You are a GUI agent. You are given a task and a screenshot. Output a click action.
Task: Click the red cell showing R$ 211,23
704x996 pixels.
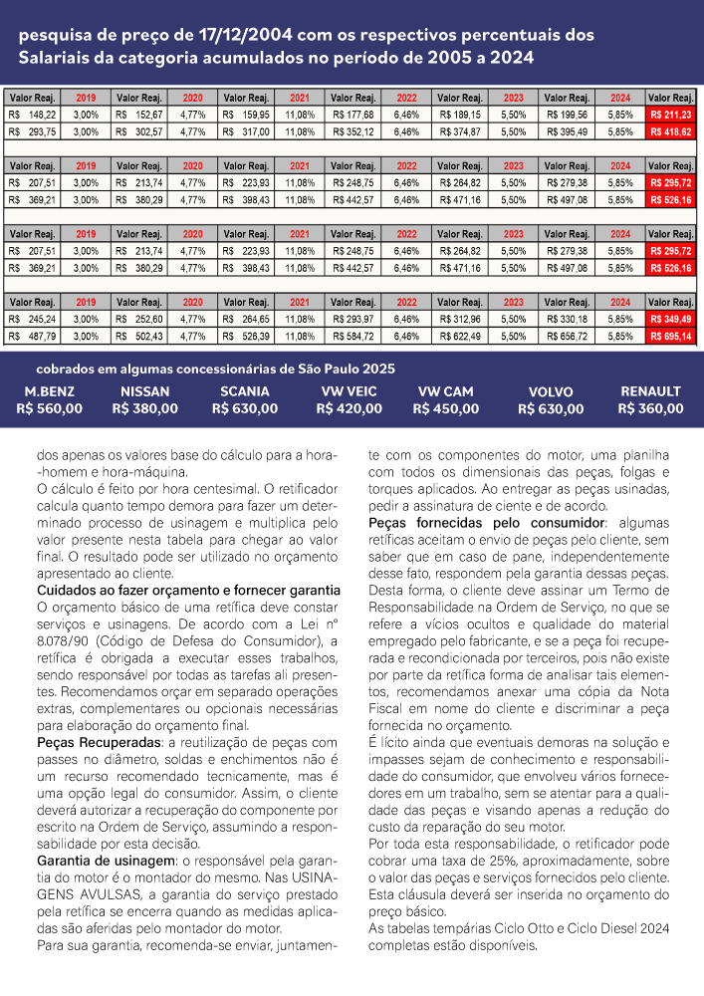tap(671, 116)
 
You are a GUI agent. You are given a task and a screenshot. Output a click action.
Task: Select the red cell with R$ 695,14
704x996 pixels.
tap(671, 337)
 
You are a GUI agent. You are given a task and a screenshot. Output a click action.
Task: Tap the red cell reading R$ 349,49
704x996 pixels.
tap(671, 319)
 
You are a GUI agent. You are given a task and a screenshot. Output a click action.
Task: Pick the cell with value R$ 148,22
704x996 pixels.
tap(33, 116)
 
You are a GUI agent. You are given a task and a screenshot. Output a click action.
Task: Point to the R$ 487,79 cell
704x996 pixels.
tap(33, 337)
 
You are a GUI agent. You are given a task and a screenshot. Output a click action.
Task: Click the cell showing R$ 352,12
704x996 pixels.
tap(354, 131)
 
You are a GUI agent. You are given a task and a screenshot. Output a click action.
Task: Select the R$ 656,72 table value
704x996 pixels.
tap(567, 337)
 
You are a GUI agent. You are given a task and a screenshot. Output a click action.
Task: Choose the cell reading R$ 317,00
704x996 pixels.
tap(248, 131)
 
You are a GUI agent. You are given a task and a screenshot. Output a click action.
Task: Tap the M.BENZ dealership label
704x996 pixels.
tap(50, 391)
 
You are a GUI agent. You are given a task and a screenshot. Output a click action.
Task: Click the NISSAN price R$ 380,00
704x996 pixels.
tap(145, 407)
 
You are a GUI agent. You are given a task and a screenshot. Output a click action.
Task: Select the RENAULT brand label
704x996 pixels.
tap(650, 391)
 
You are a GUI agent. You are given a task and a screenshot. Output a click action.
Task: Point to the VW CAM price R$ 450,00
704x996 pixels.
tap(446, 408)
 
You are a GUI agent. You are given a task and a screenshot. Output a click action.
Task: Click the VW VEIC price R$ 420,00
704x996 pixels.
tap(349, 408)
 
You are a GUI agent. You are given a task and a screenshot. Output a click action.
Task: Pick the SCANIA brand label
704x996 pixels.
tap(245, 391)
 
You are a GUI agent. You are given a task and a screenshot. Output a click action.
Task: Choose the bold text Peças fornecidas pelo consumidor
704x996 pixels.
tap(487, 522)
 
